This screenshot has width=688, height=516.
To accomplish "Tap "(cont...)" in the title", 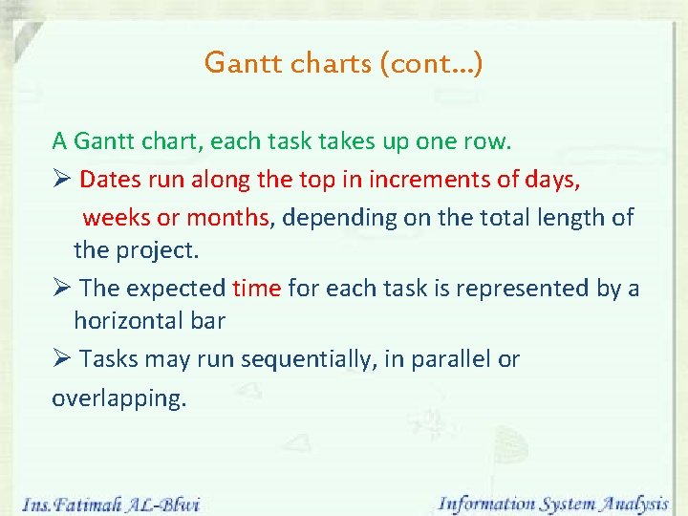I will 431,64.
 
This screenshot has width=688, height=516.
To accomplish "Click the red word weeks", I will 117,218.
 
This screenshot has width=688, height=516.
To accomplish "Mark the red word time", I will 257,288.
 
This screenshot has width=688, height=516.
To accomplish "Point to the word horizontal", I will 129,320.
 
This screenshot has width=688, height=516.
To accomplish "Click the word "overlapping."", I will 118,398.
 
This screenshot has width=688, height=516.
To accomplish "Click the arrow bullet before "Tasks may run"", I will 61,359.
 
